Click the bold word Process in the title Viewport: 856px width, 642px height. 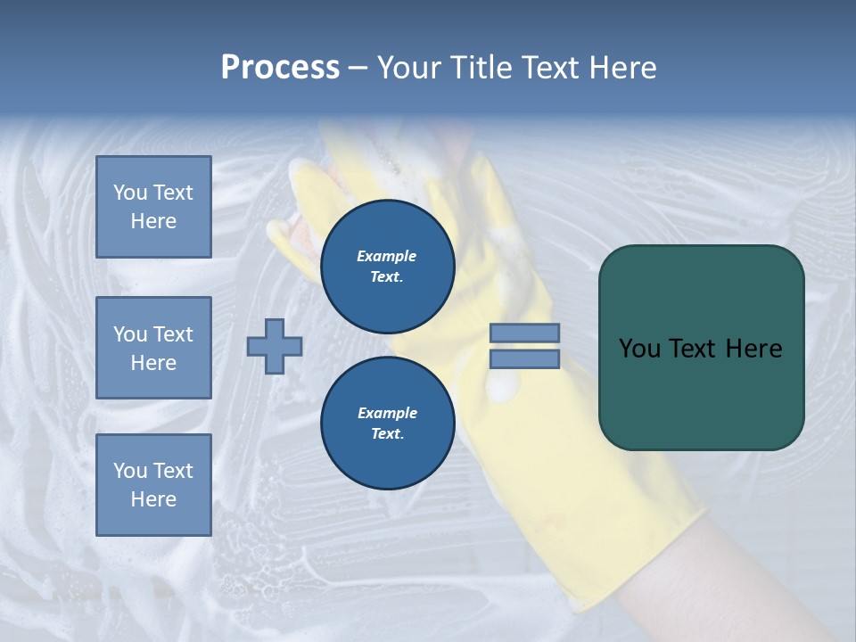(280, 68)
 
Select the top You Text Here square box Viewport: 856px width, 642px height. (153, 207)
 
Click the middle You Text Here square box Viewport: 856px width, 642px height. (153, 348)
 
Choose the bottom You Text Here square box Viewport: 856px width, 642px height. (153, 484)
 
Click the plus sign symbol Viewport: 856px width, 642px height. (275, 347)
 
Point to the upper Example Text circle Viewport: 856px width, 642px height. (387, 267)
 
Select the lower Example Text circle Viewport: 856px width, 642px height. (387, 424)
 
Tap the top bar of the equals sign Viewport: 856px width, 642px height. (524, 333)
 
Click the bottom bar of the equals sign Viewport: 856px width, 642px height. (524, 359)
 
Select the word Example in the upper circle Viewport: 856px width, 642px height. (387, 257)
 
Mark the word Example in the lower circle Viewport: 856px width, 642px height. (387, 414)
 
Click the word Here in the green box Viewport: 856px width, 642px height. (754, 349)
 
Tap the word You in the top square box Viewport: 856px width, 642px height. (130, 193)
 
